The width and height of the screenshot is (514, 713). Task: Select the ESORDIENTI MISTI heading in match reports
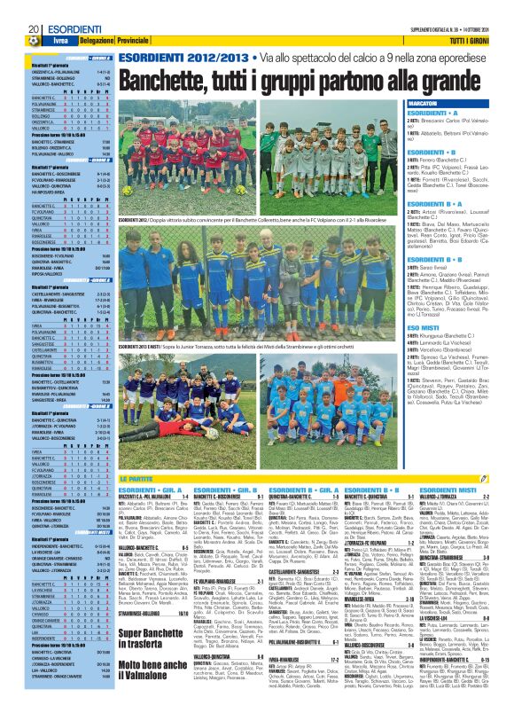pyautogui.click(x=443, y=489)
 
